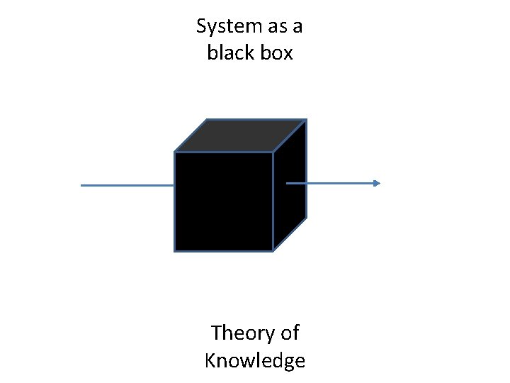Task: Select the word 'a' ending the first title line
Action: pos(297,28)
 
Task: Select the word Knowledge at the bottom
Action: pos(254,360)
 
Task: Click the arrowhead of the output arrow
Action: pos(376,183)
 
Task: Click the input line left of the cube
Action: pos(127,185)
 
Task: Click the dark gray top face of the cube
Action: pos(241,135)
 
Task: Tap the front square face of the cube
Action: pos(224,201)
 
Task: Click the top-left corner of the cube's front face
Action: pos(175,152)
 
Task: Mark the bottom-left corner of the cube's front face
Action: pos(175,251)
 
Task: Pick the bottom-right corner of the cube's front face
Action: pos(273,251)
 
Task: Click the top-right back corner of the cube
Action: pos(306,119)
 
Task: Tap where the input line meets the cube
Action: pos(174,185)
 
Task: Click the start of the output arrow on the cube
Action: pos(287,183)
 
